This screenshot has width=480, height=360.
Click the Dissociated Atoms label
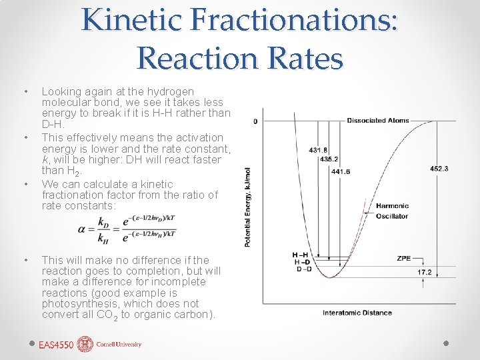(375, 121)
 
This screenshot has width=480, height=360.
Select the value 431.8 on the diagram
(318, 150)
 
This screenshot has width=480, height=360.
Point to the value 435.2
(329, 159)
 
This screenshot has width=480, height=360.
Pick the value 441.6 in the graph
(340, 171)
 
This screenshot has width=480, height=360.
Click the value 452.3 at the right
(439, 169)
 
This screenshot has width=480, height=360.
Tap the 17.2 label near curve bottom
(425, 273)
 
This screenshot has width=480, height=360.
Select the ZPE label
(403, 258)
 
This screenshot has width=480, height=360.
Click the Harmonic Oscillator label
(392, 211)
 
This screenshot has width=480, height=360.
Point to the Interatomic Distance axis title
(357, 313)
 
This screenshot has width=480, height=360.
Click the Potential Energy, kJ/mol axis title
(249, 207)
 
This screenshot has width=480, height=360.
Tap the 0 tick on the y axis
(255, 121)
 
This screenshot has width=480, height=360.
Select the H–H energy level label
(300, 255)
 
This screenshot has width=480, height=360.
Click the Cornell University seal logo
(85, 345)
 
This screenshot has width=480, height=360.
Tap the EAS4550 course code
(56, 345)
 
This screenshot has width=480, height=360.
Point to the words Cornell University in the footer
(119, 345)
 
